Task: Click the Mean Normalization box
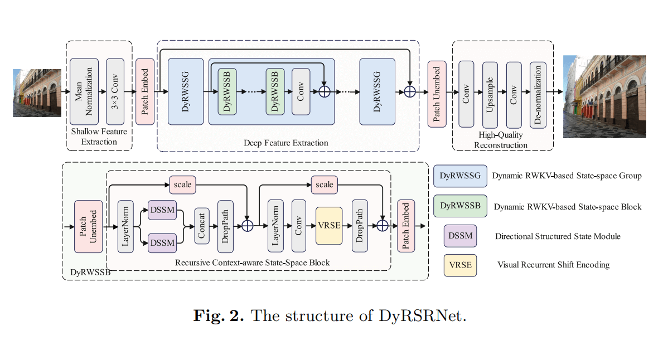pos(84,91)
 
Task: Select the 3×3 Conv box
pos(115,91)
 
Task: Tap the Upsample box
pos(490,95)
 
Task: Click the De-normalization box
pos(538,95)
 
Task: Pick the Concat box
pos(202,226)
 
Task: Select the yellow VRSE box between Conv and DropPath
pos(329,226)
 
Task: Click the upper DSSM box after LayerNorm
pos(162,209)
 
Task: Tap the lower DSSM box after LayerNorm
pos(162,243)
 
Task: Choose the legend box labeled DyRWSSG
pos(460,176)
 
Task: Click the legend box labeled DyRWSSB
pos(460,206)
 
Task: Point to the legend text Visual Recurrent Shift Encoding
pos(553,265)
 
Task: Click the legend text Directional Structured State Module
pos(558,236)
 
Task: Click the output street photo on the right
pos(604,96)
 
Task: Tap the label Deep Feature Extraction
pos(286,143)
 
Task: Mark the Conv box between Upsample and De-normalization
pos(514,95)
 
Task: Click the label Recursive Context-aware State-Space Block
pos(253,262)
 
